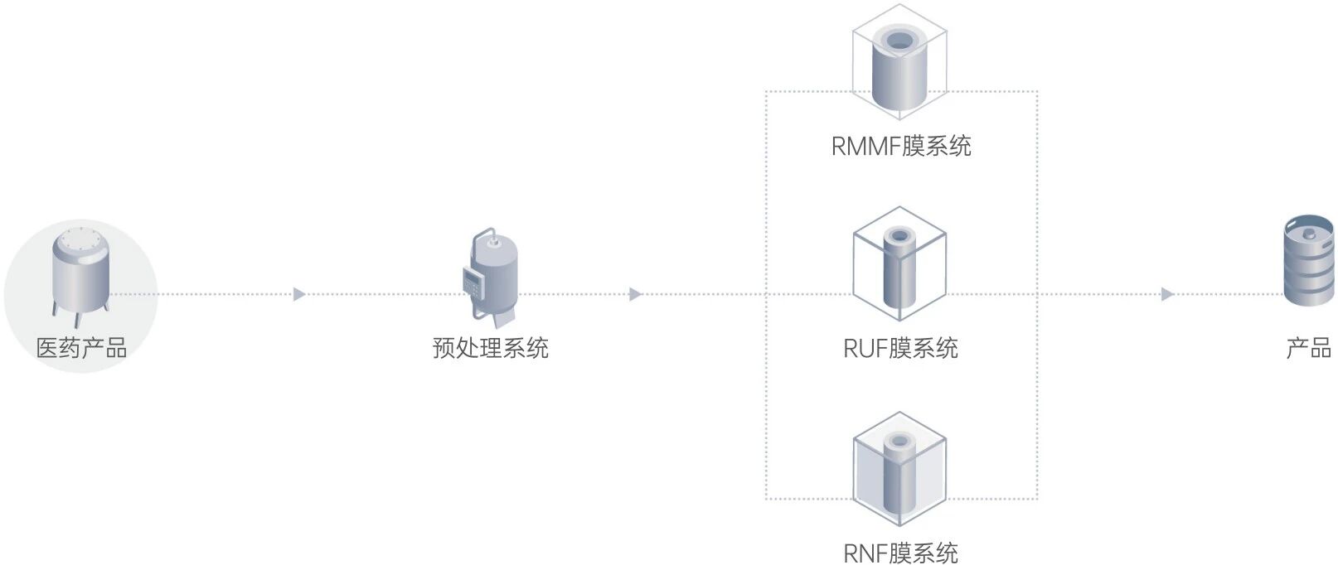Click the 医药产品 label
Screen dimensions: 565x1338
click(81, 348)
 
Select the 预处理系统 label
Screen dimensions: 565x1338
click(490, 348)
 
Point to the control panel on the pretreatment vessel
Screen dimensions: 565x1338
click(473, 282)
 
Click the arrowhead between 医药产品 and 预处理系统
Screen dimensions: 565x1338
click(300, 294)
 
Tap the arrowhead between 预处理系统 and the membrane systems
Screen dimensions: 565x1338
click(636, 294)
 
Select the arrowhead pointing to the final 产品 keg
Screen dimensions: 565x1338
click(1167, 294)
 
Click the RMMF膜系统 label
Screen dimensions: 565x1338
click(901, 147)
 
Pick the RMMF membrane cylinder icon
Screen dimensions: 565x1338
click(899, 66)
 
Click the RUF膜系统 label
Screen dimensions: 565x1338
click(901, 348)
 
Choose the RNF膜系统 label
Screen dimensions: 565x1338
click(901, 553)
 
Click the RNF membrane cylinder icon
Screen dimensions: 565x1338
click(899, 472)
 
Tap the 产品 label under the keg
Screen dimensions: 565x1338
click(1308, 348)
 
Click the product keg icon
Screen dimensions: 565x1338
click(1308, 260)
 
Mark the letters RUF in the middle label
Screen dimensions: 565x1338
click(865, 348)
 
